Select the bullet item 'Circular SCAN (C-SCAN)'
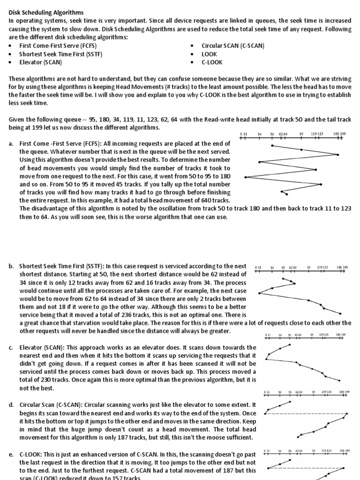232,46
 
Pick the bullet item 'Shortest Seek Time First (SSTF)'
60,54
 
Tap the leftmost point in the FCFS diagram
245,177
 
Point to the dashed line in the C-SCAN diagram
305,414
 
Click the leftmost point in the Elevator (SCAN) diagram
266,359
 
